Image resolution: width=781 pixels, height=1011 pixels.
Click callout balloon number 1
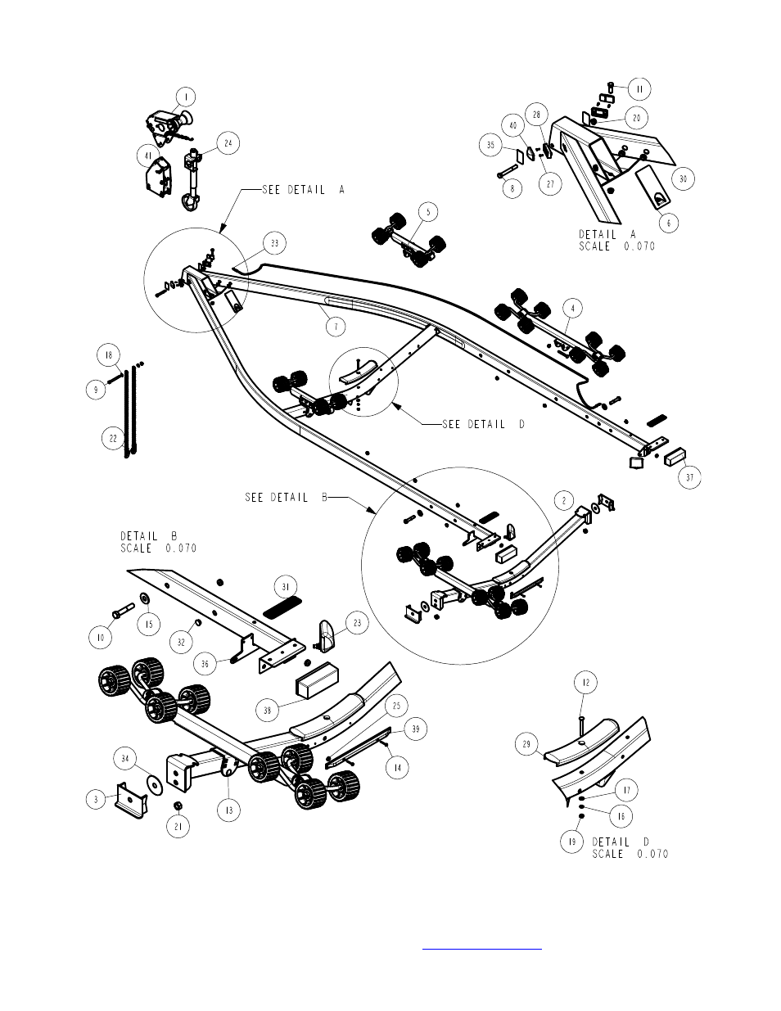pos(186,97)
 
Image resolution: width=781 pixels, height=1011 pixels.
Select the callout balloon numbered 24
pos(228,144)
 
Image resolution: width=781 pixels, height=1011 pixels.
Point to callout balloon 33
pos(275,243)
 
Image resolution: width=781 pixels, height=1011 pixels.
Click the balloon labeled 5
pos(426,211)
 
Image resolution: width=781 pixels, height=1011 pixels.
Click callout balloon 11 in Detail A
pos(639,88)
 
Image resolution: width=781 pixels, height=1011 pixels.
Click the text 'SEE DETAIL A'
pos(304,190)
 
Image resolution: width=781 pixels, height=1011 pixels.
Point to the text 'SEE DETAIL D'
pos(482,424)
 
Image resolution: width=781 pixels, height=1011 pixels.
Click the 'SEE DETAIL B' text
pos(285,497)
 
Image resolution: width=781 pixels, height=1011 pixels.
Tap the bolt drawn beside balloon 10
pos(121,610)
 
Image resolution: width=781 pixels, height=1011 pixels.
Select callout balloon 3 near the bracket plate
pos(97,800)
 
